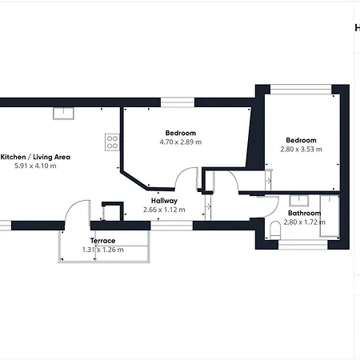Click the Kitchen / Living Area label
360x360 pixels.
[x=35, y=157]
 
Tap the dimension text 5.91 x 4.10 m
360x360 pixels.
[x=35, y=166]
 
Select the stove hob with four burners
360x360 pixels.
[x=112, y=142]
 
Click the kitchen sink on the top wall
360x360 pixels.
[x=63, y=114]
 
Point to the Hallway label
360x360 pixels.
[x=164, y=201]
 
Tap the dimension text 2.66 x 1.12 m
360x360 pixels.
[x=164, y=210]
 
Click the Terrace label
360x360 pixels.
[x=102, y=241]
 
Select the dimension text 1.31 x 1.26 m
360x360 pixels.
[x=103, y=250]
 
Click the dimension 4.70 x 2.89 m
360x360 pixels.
[x=181, y=142]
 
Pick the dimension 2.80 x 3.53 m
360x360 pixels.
[x=301, y=149]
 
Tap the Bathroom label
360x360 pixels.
[x=304, y=213]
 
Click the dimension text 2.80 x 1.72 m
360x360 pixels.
[x=305, y=222]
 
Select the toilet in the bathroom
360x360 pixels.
[x=275, y=230]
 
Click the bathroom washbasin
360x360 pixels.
[x=299, y=201]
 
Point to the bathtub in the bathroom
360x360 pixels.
[x=330, y=216]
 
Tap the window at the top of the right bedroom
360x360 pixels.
[x=301, y=90]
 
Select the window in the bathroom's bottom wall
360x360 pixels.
[x=303, y=245]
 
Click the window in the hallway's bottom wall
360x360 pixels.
[x=171, y=226]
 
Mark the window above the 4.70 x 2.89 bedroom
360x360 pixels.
[x=178, y=102]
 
